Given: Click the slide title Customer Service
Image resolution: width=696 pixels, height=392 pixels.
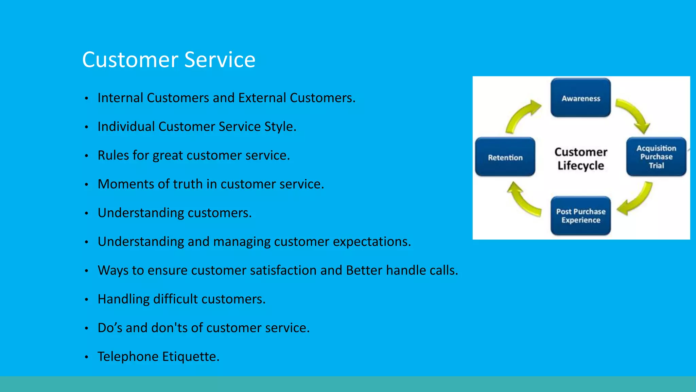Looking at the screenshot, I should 169,60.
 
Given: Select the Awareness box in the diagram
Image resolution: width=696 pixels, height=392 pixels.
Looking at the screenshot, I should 580,98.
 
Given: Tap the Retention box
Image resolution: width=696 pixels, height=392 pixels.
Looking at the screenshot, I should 505,157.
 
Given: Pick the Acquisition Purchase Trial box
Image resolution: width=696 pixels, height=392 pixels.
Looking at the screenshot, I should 656,157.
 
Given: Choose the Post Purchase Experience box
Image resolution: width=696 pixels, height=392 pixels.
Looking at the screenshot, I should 580,216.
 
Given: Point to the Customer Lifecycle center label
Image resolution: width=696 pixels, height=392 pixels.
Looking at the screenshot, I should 580,159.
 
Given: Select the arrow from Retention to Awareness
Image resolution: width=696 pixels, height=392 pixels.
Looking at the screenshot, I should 521,116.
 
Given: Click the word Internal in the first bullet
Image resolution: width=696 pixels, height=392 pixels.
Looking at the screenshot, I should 120,98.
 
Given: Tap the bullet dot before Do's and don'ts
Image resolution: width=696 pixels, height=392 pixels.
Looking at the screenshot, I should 87,328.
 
